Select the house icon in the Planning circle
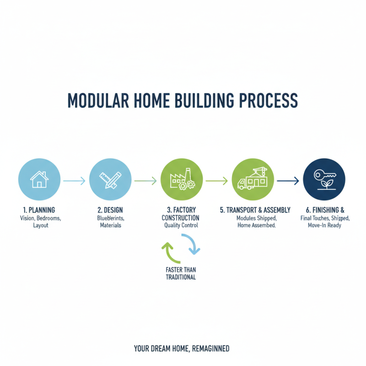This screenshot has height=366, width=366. pyautogui.click(x=39, y=180)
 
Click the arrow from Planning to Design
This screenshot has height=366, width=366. pyautogui.click(x=74, y=181)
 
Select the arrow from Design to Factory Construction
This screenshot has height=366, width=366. pyautogui.click(x=145, y=181)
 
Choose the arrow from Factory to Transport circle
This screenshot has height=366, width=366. pyautogui.click(x=217, y=181)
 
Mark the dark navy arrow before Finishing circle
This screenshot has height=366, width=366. pyautogui.click(x=288, y=181)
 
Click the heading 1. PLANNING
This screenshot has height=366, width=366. pyautogui.click(x=40, y=210)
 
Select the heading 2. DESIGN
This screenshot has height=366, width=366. pyautogui.click(x=110, y=210)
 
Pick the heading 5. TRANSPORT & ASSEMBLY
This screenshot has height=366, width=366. pyautogui.click(x=255, y=210)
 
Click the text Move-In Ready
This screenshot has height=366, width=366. pyautogui.click(x=325, y=226)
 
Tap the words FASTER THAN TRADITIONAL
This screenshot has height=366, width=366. pyautogui.click(x=181, y=274)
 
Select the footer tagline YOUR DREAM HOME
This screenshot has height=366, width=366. pyautogui.click(x=182, y=349)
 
